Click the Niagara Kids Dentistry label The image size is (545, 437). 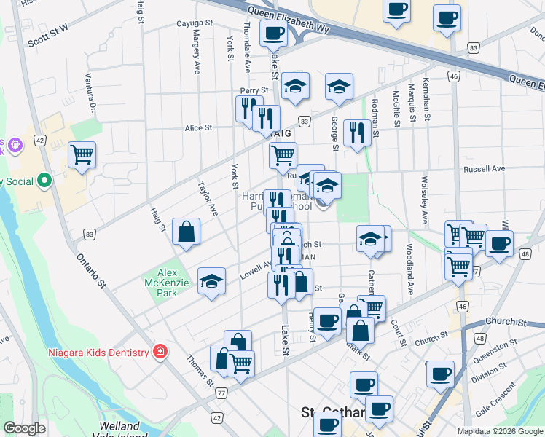pos(99,353)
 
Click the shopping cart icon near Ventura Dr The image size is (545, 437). pos(82,154)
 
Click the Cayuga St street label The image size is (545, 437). pos(192,24)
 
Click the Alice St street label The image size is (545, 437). pos(198,127)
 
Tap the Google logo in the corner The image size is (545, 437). pos(25,428)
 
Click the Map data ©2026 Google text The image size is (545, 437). pos(499,431)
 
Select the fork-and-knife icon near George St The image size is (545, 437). pos(356,133)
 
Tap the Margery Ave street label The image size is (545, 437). pos(197,53)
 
